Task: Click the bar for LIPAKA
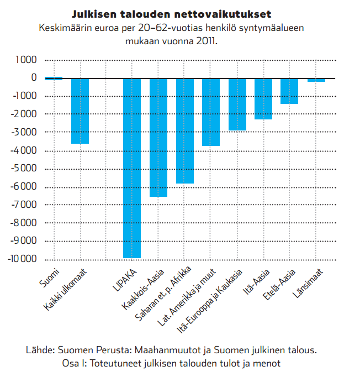[x=132, y=168]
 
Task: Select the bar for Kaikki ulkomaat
[x=80, y=111]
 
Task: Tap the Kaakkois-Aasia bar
[x=158, y=138]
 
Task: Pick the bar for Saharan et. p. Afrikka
[x=185, y=131]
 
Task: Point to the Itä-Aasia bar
[x=263, y=99]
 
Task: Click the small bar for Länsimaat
[x=316, y=80]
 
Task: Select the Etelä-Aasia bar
[x=289, y=91]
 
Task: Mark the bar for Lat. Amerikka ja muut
[x=211, y=112]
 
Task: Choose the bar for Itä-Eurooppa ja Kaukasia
[x=237, y=104]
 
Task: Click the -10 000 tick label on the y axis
[x=22, y=259]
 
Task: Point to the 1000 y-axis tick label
[x=26, y=60]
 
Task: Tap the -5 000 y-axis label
[x=24, y=168]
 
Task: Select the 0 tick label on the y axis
[x=34, y=77]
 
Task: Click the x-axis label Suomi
[x=49, y=278]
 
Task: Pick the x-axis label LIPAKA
[x=125, y=280]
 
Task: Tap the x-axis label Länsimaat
[x=308, y=284]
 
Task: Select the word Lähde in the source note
[x=40, y=350]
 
